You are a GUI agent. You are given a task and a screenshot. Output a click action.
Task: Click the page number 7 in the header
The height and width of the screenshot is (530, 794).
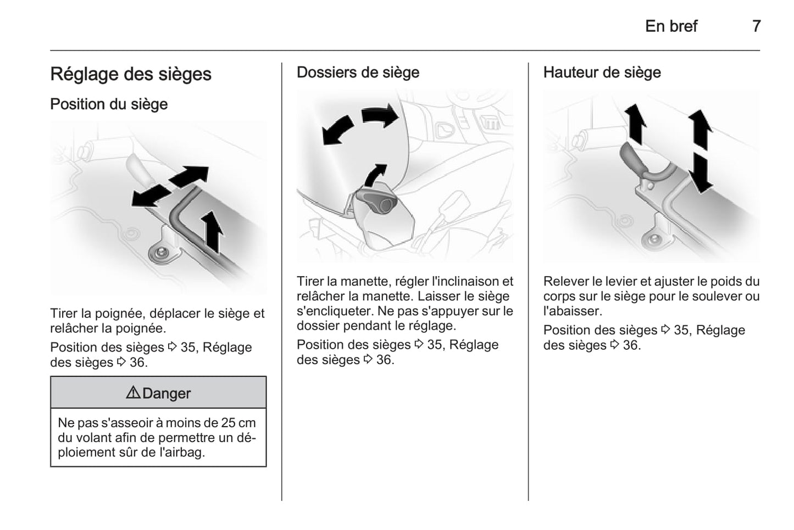point(756,26)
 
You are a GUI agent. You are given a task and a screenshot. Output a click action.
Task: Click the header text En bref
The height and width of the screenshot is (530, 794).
point(671,26)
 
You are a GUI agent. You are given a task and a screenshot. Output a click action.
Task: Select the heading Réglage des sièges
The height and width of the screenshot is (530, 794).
point(131,74)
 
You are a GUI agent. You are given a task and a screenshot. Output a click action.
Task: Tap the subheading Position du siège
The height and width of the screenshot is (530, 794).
point(109,104)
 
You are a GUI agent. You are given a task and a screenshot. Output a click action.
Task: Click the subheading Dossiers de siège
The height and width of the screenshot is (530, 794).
point(358,72)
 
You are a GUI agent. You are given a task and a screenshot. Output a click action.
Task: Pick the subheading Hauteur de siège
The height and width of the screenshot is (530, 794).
point(602,72)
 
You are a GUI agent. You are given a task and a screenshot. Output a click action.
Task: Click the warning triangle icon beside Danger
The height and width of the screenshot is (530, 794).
point(133,393)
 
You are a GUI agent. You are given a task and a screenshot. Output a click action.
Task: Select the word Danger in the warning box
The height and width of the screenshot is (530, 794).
point(166,393)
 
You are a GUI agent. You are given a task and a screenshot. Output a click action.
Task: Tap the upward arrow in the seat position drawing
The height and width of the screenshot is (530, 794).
point(212,231)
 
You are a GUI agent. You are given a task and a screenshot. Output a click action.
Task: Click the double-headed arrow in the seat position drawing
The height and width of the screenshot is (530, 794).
point(170,187)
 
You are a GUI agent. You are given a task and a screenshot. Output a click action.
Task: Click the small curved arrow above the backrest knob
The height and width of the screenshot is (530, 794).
point(376,175)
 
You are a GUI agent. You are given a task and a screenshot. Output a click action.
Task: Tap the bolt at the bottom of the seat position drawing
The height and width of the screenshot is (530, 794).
point(161,253)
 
